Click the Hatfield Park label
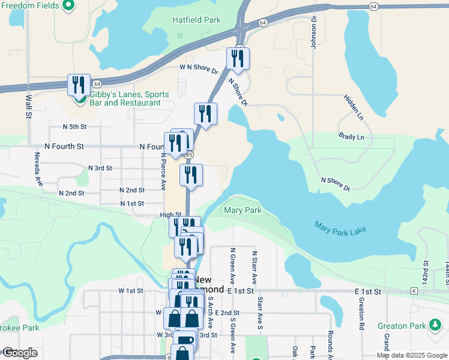(196, 20)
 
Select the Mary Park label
(243, 211)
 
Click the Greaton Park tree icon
(435, 325)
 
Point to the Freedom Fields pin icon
(68, 5)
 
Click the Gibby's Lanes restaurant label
(125, 98)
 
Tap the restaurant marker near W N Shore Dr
(238, 58)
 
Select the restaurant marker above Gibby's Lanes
(78, 85)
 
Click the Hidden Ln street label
(354, 106)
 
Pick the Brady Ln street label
(351, 137)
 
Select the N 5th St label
(75, 127)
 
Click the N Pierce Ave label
(163, 170)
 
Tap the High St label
(170, 214)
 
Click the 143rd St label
(424, 271)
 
